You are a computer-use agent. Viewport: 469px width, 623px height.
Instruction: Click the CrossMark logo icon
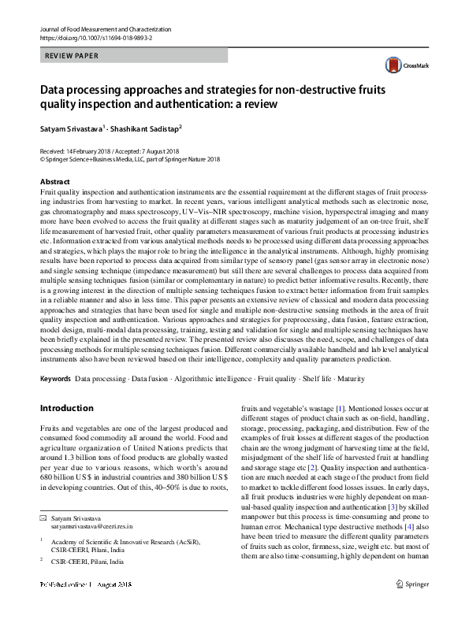pos(393,66)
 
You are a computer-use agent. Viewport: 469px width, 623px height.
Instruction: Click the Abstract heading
pos(55,181)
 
